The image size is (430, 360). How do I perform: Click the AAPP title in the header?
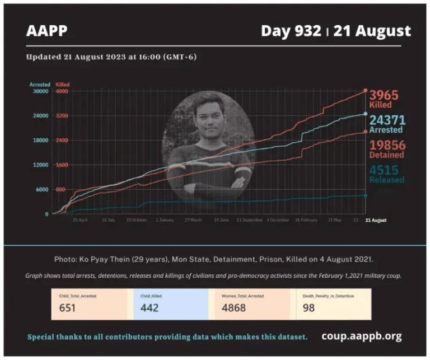coord(46,31)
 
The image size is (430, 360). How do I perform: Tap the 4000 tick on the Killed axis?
coord(62,91)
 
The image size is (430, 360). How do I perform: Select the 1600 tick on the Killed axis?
coord(62,165)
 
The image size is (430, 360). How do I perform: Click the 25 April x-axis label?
coord(80,220)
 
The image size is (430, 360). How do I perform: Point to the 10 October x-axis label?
coord(136,220)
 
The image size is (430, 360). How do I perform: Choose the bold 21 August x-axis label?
coord(376,220)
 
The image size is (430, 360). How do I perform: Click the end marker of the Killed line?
coord(365,90)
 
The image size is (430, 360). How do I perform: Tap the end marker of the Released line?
coord(365,195)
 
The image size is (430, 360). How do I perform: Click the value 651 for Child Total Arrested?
coord(67,307)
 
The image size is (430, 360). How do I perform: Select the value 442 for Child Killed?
coord(149,307)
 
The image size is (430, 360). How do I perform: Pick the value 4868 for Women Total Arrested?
coord(236,307)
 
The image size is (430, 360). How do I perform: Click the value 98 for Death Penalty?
coord(309,307)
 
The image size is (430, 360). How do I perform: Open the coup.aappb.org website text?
coord(361,336)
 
